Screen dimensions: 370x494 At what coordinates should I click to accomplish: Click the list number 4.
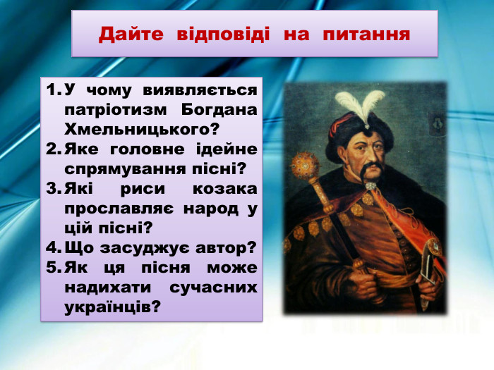tap(52, 248)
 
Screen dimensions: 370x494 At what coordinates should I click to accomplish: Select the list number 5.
tap(52, 268)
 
